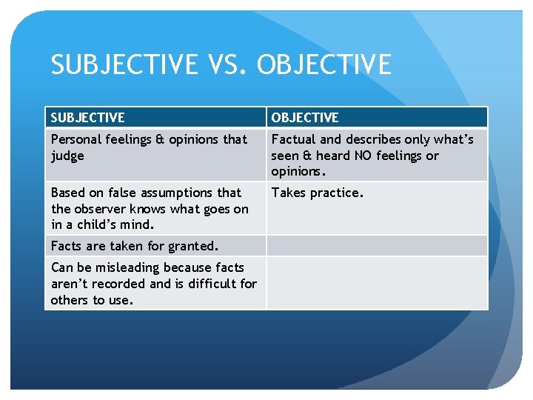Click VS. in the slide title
229,65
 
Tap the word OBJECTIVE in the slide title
324,65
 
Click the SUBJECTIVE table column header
88,117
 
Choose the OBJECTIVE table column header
305,117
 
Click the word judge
67,156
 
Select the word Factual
293,139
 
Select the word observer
99,209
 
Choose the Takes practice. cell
318,193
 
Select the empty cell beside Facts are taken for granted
377,246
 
